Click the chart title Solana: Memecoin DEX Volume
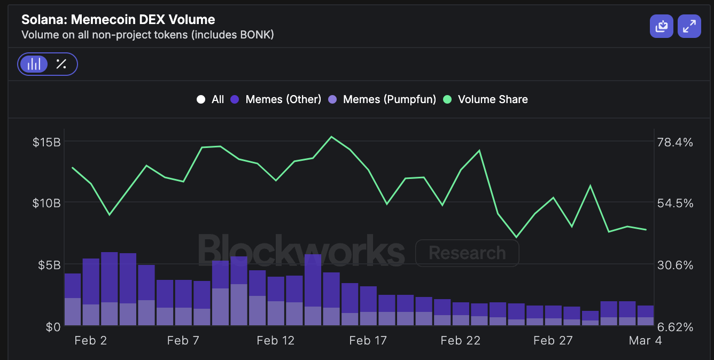click(118, 20)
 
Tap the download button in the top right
click(662, 26)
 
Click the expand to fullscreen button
click(689, 26)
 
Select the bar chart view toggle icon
click(34, 65)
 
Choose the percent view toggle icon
click(61, 65)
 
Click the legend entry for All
click(211, 99)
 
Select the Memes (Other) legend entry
click(276, 99)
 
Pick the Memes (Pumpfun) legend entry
click(382, 99)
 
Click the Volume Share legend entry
click(486, 99)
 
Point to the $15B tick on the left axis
click(46, 142)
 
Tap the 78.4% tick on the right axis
click(675, 142)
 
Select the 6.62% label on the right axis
click(675, 326)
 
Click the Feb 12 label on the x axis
click(275, 341)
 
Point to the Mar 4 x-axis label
click(645, 341)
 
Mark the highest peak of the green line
click(331, 137)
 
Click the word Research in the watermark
click(467, 253)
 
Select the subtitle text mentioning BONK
click(148, 35)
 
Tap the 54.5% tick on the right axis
click(675, 204)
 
